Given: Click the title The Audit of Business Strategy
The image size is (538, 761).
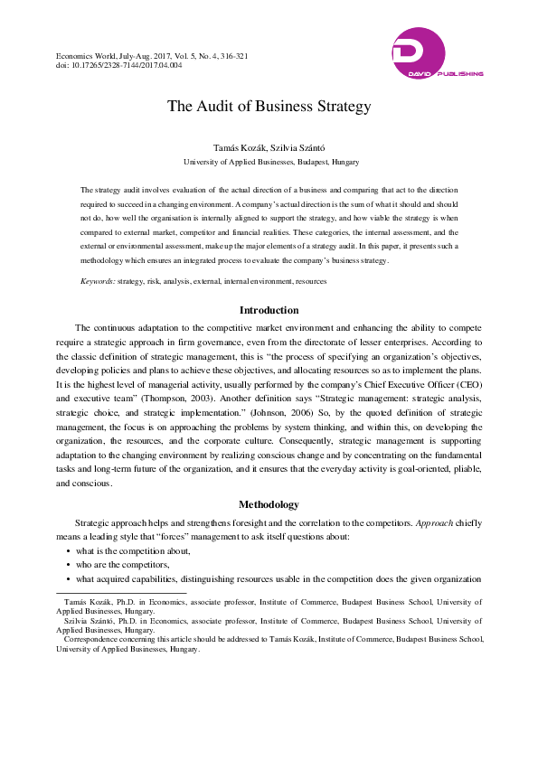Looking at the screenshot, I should pyautogui.click(x=269, y=106).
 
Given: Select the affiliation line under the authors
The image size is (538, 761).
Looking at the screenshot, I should pyautogui.click(x=269, y=162).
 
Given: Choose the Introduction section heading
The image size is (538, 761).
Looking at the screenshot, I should pyautogui.click(x=269, y=310).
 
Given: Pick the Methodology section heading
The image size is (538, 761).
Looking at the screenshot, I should pyautogui.click(x=269, y=503).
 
